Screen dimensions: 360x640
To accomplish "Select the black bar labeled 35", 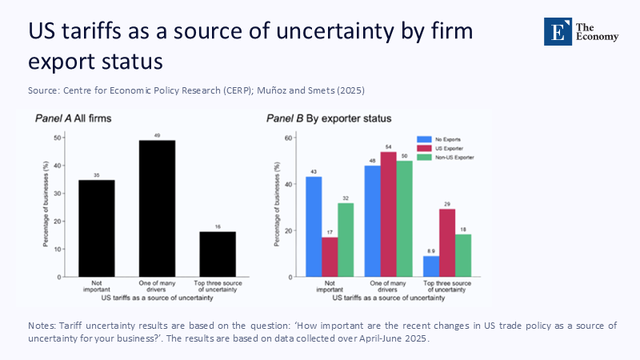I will click(x=97, y=229).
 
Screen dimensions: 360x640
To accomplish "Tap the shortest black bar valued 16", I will click(x=218, y=254).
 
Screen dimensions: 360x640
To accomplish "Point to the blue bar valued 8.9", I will click(x=431, y=266).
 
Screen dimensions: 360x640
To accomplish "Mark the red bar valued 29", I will click(x=447, y=243).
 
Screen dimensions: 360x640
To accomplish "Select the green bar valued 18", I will click(x=463, y=256).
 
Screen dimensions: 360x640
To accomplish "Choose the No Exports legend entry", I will click(x=446, y=139).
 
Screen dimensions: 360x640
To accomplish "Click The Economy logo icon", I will click(x=558, y=31).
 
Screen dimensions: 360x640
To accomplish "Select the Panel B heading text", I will click(x=329, y=118).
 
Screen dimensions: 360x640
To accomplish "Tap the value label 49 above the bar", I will click(x=157, y=135).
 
